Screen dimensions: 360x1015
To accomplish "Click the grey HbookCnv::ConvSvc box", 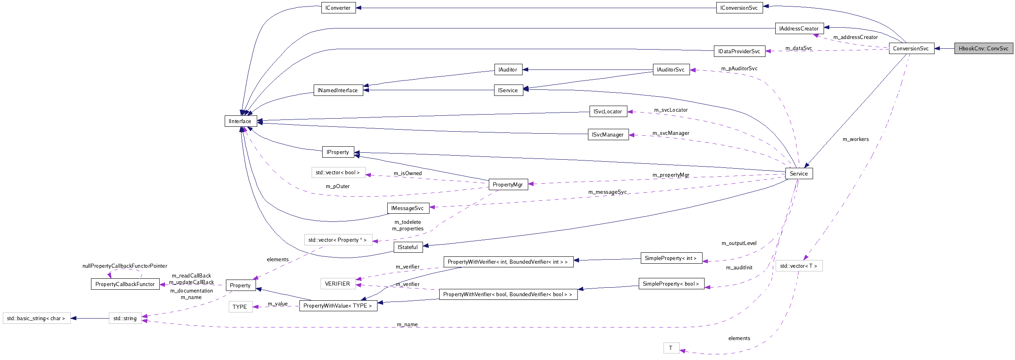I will click(x=983, y=48).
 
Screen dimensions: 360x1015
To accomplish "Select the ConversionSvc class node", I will click(x=911, y=48).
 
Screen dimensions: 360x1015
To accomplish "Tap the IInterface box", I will click(x=240, y=121).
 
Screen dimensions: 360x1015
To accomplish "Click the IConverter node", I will click(x=338, y=8).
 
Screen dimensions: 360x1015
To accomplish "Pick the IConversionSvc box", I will click(x=739, y=8).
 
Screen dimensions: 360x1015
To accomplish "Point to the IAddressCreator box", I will click(x=799, y=28).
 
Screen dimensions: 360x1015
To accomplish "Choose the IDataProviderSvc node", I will click(x=739, y=51).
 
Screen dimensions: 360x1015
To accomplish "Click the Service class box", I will click(x=799, y=173).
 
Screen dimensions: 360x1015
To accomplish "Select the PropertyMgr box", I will click(x=508, y=184).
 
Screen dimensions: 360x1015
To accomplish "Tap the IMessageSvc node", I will click(x=408, y=208).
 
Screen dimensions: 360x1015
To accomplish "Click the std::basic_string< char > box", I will click(x=36, y=318).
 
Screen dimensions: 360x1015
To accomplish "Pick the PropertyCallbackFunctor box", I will click(x=125, y=284).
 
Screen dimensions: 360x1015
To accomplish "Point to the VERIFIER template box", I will click(x=337, y=284).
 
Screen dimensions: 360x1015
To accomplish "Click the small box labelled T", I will click(x=671, y=348).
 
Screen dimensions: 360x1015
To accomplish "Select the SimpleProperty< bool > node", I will click(x=671, y=284).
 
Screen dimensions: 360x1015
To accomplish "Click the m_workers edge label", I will click(x=855, y=139).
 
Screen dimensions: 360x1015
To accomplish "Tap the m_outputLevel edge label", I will click(x=739, y=243).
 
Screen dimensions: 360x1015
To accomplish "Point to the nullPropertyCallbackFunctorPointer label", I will click(x=125, y=266).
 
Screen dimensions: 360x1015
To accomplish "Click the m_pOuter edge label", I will click(x=338, y=187).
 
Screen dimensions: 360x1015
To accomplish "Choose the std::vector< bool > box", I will click(x=338, y=173).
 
